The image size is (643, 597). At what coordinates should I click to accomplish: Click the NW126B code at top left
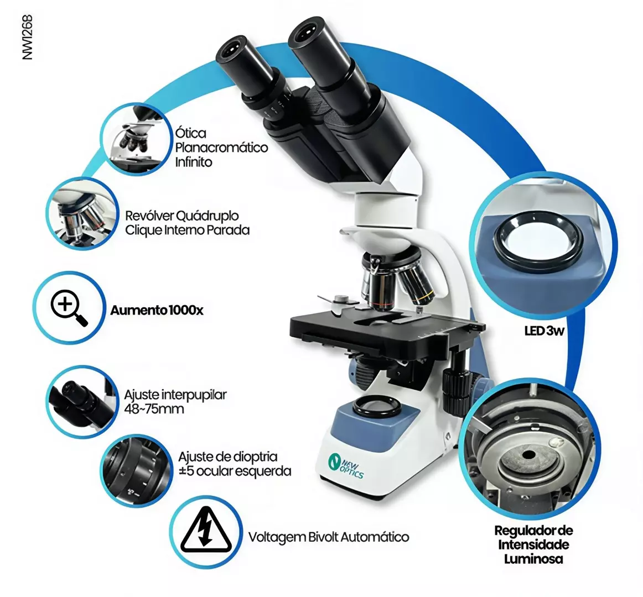point(28,37)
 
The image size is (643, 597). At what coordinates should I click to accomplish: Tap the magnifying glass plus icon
point(69,308)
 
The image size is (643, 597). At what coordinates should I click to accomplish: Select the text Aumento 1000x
point(157,310)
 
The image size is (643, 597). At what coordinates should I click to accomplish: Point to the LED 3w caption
point(544,331)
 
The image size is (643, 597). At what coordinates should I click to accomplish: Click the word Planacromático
point(221,148)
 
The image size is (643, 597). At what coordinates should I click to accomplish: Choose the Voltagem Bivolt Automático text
point(329,537)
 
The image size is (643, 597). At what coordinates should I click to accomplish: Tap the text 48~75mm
point(154,409)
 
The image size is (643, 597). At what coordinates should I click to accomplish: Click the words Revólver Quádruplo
point(182,216)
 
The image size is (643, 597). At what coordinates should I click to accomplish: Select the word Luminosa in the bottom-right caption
point(533,559)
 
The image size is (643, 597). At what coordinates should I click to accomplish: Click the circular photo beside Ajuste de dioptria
point(136,470)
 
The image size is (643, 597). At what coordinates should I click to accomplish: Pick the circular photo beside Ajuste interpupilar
point(82,401)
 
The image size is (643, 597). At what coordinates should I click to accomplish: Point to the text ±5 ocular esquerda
point(235,471)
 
